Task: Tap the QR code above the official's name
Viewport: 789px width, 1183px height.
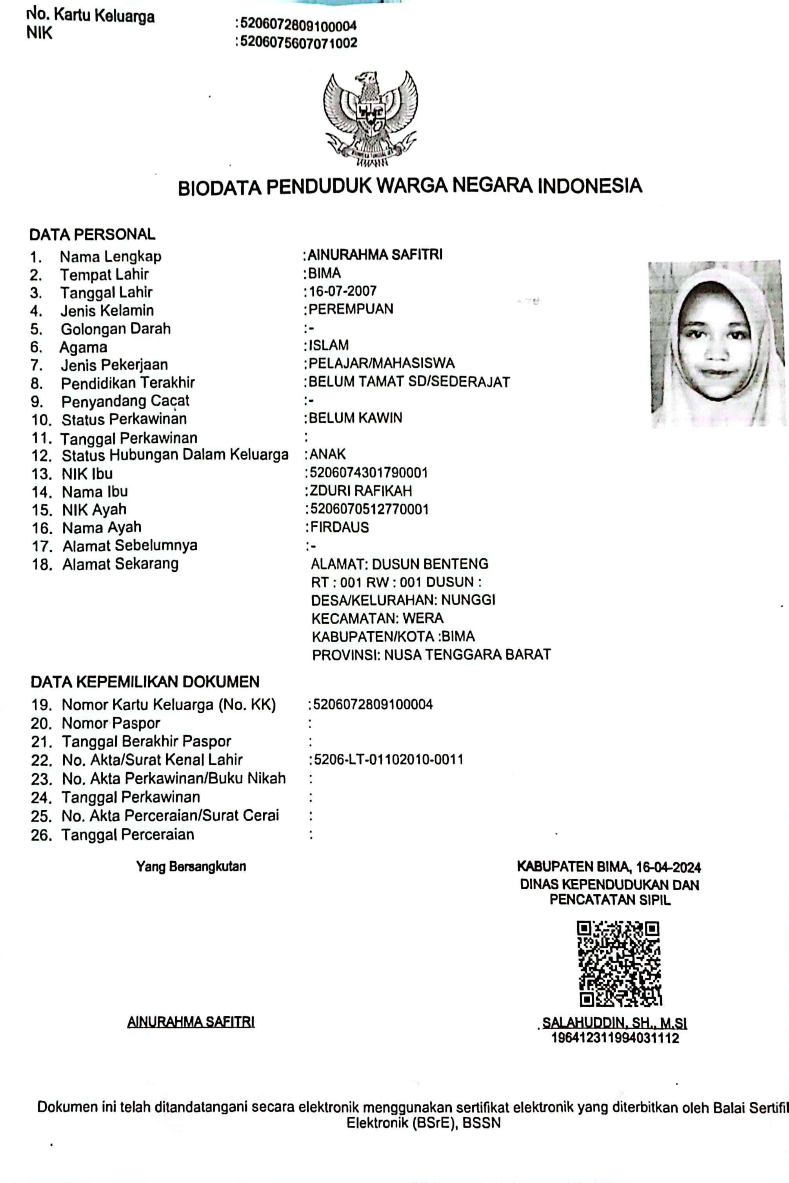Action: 618,964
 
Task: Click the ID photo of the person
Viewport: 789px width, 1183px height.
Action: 717,344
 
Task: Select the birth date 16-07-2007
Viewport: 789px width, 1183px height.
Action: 343,291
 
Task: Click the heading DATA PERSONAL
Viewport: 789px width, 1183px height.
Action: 92,235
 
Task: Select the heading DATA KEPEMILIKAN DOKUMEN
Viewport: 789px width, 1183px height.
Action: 145,682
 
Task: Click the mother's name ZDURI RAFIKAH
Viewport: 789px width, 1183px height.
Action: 361,491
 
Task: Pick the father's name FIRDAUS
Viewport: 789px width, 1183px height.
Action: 340,527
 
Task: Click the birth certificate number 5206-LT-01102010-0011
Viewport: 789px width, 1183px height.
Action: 389,759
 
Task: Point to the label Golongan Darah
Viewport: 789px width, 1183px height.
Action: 116,329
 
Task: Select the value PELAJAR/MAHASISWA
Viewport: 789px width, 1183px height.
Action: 382,363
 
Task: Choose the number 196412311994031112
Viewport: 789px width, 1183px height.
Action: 615,1038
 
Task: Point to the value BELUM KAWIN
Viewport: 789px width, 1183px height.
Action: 355,418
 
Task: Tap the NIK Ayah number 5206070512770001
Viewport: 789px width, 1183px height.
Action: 369,509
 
